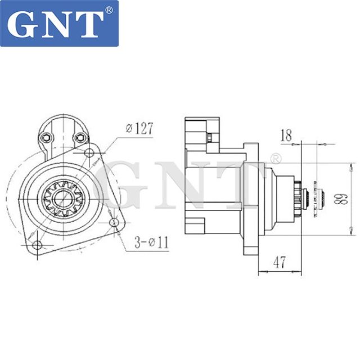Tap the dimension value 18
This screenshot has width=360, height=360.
point(286,134)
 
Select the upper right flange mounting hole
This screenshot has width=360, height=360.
point(89,154)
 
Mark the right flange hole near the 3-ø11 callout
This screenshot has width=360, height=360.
point(114,223)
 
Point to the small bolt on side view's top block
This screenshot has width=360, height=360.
point(209,138)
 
